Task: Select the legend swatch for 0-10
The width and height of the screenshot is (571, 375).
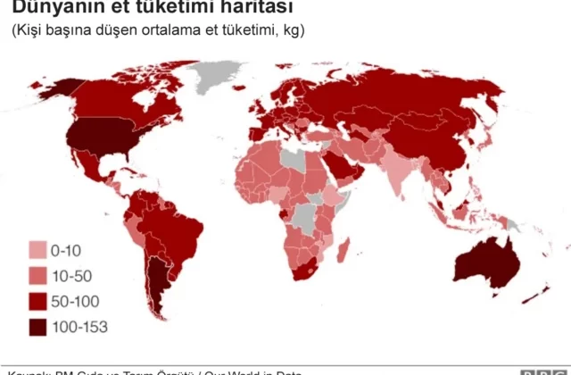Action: pyautogui.click(x=37, y=251)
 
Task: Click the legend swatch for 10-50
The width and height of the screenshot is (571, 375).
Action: pyautogui.click(x=37, y=276)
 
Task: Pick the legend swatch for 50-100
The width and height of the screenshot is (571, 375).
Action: pyautogui.click(x=37, y=301)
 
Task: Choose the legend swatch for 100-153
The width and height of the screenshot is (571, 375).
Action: pyautogui.click(x=37, y=327)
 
